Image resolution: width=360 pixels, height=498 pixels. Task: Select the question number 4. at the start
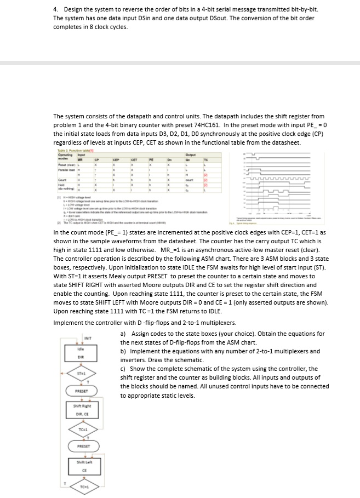56,10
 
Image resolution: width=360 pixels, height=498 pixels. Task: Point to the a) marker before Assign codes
123,334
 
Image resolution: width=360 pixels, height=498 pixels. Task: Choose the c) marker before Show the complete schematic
123,369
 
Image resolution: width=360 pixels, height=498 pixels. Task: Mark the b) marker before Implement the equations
123,351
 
